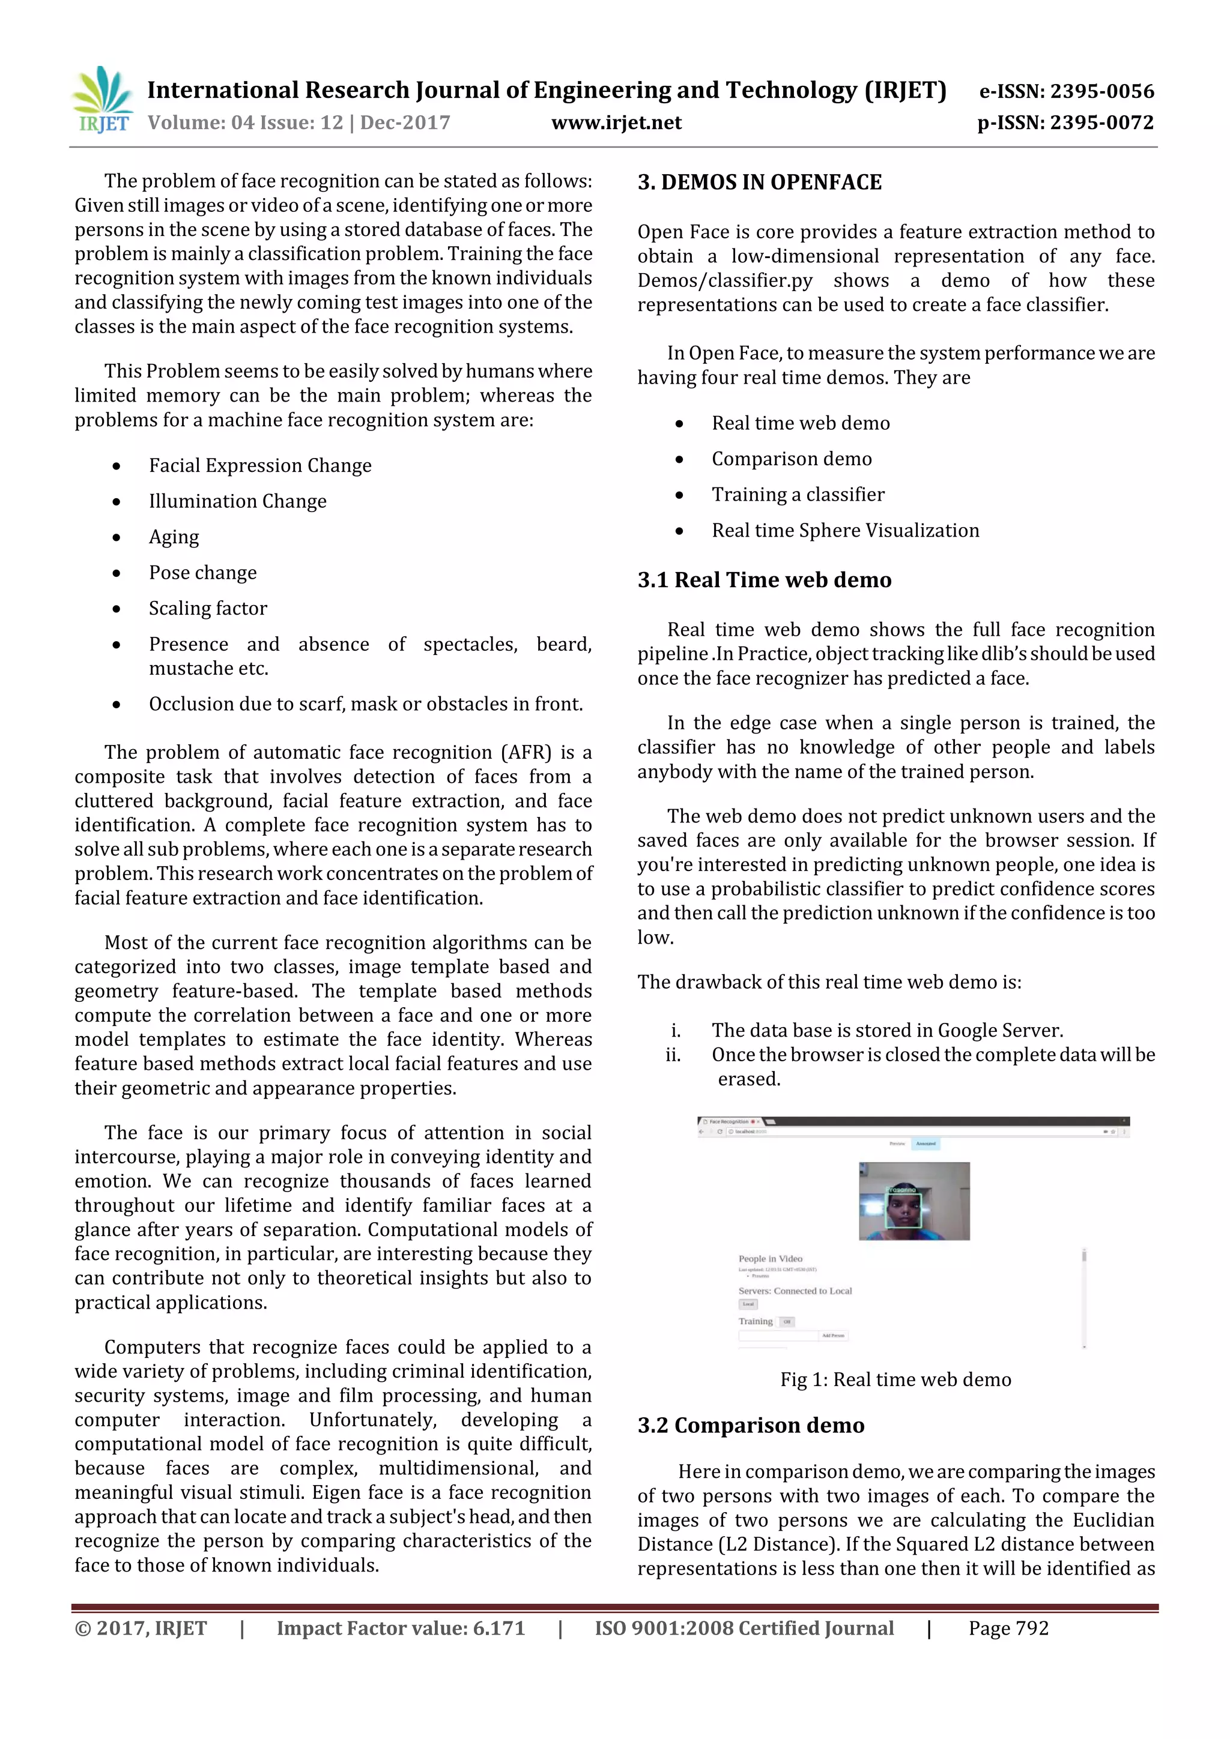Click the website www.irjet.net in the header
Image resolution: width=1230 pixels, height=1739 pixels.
pyautogui.click(x=616, y=122)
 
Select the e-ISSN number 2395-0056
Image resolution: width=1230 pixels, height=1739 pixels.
pyautogui.click(x=1101, y=92)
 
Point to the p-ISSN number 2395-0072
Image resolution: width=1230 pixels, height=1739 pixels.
pyautogui.click(x=1101, y=122)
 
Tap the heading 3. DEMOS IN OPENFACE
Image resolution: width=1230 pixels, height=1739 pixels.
pyautogui.click(x=759, y=182)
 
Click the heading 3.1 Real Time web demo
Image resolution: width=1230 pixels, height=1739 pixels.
pyautogui.click(x=764, y=580)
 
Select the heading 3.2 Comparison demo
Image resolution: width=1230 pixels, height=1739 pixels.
pyautogui.click(x=750, y=1426)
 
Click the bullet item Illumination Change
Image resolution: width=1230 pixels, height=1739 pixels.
pyautogui.click(x=237, y=501)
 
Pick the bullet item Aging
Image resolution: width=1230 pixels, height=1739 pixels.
pyautogui.click(x=174, y=537)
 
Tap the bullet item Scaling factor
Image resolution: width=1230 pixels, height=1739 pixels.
pyautogui.click(x=208, y=608)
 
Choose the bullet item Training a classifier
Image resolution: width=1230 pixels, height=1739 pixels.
pyautogui.click(x=797, y=495)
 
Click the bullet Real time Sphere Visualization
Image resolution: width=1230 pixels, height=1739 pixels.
pyautogui.click(x=845, y=530)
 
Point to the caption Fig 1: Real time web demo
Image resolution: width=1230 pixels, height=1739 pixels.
pyautogui.click(x=895, y=1379)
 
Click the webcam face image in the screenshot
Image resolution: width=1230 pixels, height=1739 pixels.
pyautogui.click(x=913, y=1201)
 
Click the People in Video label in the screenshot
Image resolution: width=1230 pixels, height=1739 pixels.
pyautogui.click(x=770, y=1259)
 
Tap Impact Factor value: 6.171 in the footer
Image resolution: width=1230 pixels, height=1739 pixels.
pyautogui.click(x=400, y=1629)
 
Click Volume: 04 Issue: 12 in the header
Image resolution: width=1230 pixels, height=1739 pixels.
pyautogui.click(x=245, y=122)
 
